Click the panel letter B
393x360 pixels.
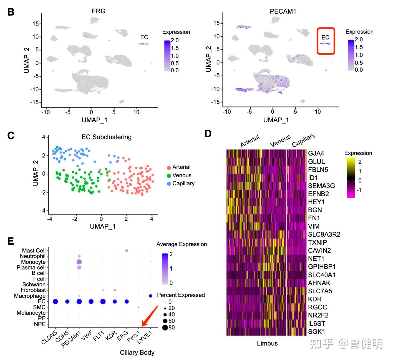11,12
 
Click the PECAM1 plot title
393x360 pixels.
283,11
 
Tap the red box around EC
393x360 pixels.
326,41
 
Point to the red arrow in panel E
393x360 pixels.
150,316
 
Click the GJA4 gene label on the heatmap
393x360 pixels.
316,153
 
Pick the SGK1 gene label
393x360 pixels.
316,331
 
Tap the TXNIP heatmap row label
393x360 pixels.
318,242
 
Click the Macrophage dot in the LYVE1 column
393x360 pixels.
150,296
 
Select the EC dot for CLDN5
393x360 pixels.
55,302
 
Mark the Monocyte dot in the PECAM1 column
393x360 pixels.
79,262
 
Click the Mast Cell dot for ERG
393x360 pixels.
127,251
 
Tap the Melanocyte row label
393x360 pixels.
31,313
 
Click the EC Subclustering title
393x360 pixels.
107,137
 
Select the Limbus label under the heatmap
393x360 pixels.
267,343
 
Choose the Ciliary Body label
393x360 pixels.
137,352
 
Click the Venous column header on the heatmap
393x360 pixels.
280,140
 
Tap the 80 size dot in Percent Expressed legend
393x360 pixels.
165,327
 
